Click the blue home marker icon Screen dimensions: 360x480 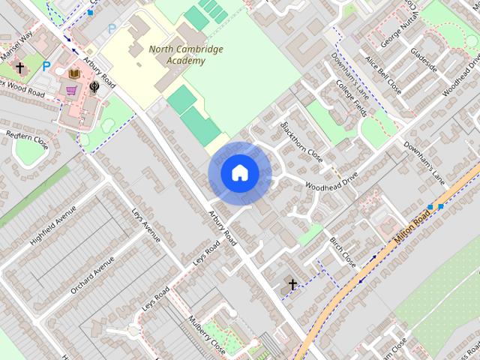click(239, 173)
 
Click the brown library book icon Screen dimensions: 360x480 click(74, 73)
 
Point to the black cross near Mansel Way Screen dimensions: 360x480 click(20, 68)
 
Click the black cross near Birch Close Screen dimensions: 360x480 click(292, 284)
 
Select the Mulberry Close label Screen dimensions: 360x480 click(207, 334)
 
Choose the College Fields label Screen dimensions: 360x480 click(351, 100)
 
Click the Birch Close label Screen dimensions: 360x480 click(343, 252)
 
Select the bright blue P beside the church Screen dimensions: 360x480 click(46, 67)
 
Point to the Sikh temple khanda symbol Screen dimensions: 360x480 click(94, 87)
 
